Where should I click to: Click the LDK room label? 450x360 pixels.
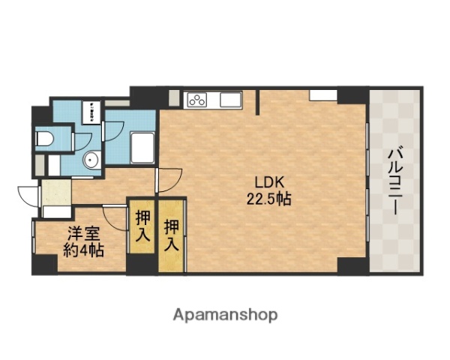pos(267,181)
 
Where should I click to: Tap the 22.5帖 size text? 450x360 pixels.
pos(267,199)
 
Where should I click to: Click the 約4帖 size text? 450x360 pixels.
pos(82,250)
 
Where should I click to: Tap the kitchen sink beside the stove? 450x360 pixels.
pos(229,99)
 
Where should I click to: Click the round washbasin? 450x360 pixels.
pos(91,159)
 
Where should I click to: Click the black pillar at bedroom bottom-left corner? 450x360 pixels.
pos(44,264)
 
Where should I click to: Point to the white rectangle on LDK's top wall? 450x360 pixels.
pos(322,94)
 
